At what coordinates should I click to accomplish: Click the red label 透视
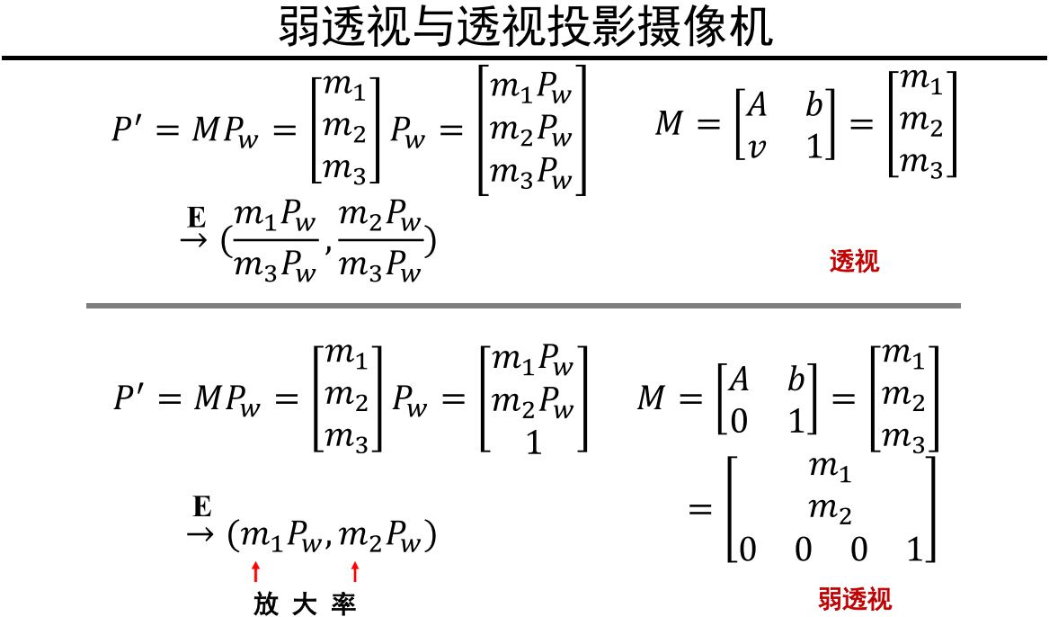pyautogui.click(x=854, y=262)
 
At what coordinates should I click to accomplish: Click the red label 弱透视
pyautogui.click(x=855, y=599)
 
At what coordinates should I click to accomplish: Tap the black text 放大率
pyautogui.click(x=305, y=604)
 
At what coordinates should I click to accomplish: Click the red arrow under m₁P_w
pyautogui.click(x=256, y=570)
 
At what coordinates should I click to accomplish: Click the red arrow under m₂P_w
pyautogui.click(x=355, y=570)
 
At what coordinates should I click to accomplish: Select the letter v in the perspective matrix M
pyautogui.click(x=757, y=148)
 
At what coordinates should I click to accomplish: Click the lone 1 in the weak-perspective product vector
pyautogui.click(x=534, y=443)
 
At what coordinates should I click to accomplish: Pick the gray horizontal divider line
pyautogui.click(x=523, y=306)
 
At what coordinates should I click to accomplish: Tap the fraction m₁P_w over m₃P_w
pyautogui.click(x=275, y=242)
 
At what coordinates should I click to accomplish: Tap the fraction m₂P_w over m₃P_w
pyautogui.click(x=381, y=242)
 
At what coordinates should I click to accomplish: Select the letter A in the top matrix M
pyautogui.click(x=758, y=106)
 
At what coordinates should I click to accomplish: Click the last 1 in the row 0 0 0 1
pyautogui.click(x=914, y=549)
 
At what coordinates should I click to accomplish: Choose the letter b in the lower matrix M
pyautogui.click(x=796, y=380)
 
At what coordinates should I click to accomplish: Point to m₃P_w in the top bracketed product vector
pyautogui.click(x=531, y=172)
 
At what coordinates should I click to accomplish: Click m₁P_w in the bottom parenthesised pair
pyautogui.click(x=278, y=537)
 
